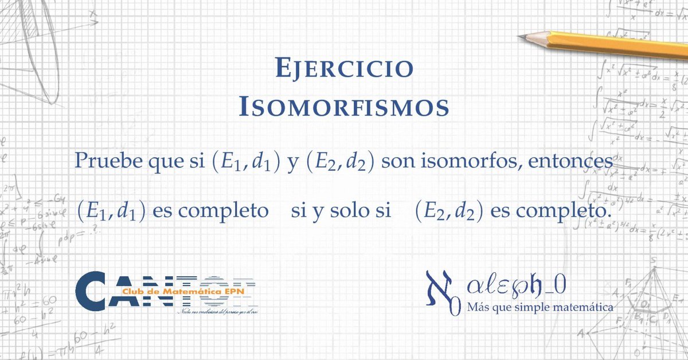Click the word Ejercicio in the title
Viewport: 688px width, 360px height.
pos(344,68)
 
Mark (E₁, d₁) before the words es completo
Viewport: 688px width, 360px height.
pos(114,211)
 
